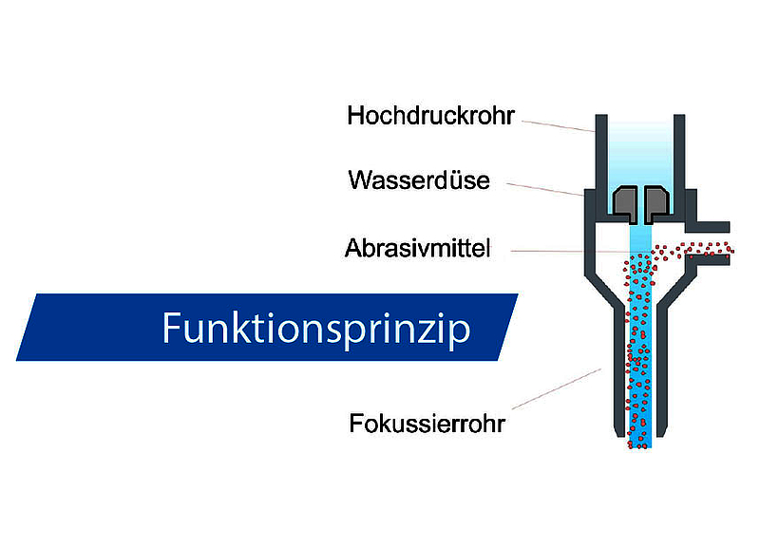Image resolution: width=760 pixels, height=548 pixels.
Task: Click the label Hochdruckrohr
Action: pos(430,116)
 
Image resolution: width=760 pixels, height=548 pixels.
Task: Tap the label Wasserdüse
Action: pos(419,180)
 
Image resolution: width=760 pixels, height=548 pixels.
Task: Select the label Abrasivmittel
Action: pos(417,248)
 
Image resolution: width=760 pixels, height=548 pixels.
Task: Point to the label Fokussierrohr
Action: pos(427,424)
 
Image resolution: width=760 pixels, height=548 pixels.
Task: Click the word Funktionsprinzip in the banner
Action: pos(316,329)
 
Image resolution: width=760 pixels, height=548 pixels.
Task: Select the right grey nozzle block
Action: pos(657,202)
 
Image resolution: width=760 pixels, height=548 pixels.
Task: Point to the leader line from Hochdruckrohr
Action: pos(559,126)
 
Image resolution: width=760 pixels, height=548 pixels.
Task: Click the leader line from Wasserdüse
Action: pos(544,189)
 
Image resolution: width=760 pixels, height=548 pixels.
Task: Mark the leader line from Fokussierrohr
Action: pos(557,389)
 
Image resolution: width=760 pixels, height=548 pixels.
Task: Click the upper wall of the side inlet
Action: pos(708,227)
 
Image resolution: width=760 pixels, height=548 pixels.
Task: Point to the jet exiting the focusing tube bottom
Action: pos(639,442)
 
